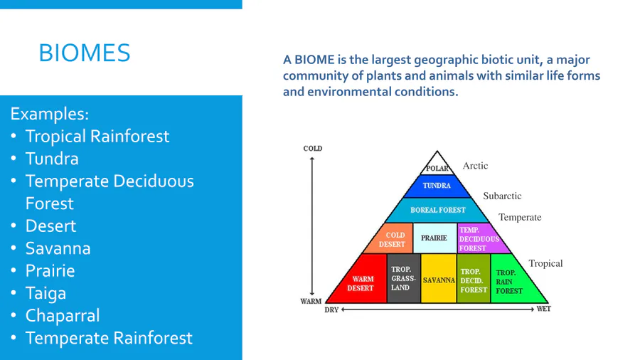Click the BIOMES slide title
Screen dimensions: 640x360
click(85, 53)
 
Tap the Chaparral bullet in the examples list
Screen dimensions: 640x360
click(63, 315)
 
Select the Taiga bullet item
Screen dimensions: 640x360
click(46, 293)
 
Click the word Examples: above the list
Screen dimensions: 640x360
click(49, 114)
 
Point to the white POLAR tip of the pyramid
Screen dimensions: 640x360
click(437, 164)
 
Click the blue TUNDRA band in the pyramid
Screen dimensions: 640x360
click(437, 186)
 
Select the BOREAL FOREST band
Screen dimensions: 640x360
click(437, 210)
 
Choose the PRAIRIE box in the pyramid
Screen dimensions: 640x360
click(434, 238)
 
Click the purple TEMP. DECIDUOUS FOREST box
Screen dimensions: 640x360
click(481, 239)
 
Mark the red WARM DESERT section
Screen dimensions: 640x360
click(360, 282)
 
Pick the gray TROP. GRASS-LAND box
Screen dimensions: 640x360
click(403, 278)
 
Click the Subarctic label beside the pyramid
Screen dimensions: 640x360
click(502, 196)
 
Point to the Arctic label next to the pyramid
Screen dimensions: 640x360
click(475, 166)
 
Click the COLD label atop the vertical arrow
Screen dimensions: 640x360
click(313, 149)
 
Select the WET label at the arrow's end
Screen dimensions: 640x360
click(544, 309)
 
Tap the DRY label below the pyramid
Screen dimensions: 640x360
click(331, 309)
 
